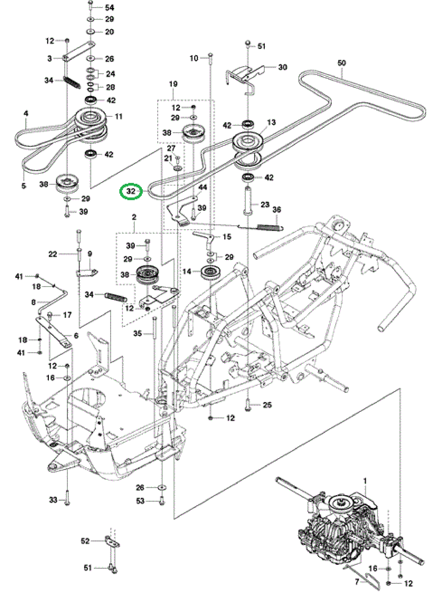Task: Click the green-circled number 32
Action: click(131, 191)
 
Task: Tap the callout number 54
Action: click(110, 7)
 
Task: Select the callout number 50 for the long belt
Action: click(341, 63)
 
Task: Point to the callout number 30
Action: click(283, 67)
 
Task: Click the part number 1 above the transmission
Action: click(365, 481)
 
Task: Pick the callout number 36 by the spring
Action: click(277, 210)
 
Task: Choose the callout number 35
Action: click(137, 333)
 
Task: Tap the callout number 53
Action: click(140, 501)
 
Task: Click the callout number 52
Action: click(85, 541)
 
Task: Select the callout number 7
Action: click(357, 582)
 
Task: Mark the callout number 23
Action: click(265, 204)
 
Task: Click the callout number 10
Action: click(194, 58)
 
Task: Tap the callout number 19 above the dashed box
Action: click(173, 84)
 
